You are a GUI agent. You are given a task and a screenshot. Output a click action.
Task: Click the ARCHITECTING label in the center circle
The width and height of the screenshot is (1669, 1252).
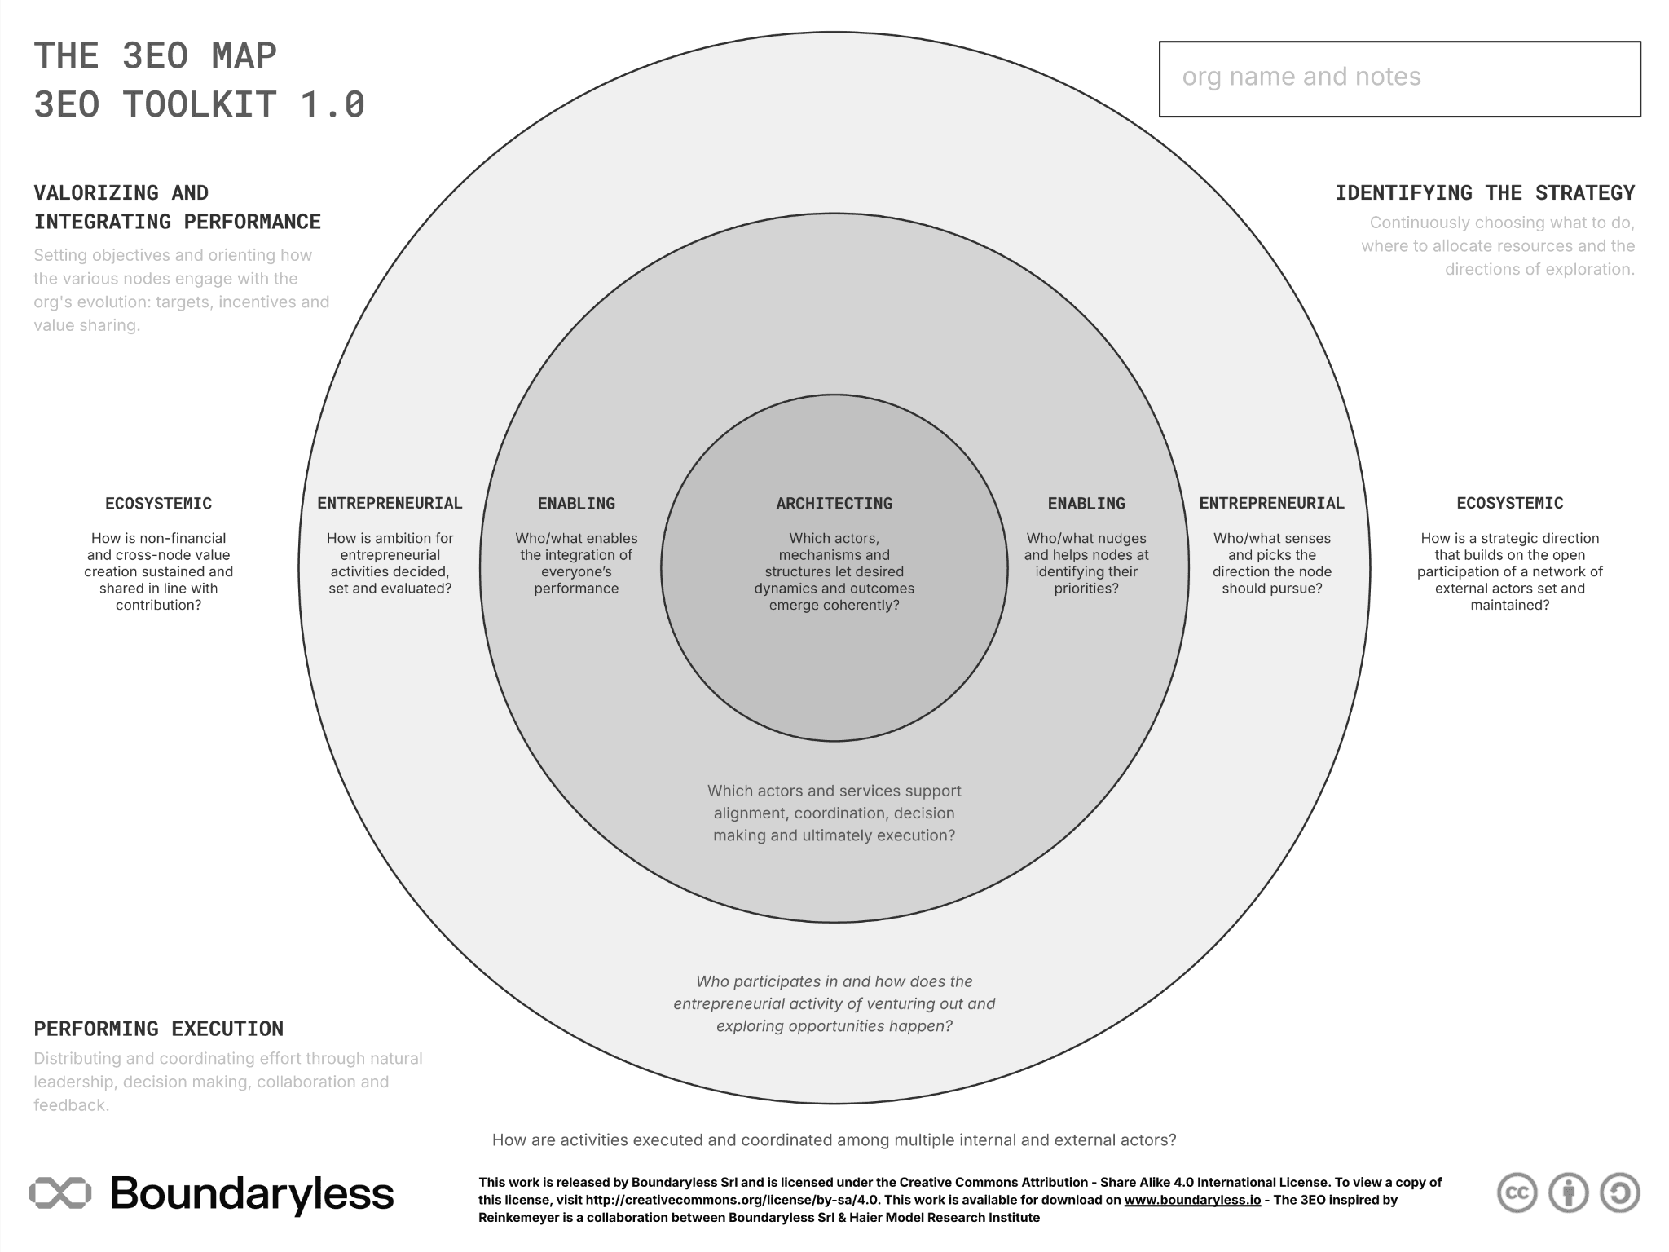click(x=834, y=504)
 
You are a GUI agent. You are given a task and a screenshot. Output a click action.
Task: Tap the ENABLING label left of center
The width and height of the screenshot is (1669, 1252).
click(x=576, y=504)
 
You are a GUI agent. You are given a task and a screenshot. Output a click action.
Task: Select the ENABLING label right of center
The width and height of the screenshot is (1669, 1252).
click(x=1086, y=504)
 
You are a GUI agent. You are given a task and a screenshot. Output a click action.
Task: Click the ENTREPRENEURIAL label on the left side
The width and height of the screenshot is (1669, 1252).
click(x=390, y=504)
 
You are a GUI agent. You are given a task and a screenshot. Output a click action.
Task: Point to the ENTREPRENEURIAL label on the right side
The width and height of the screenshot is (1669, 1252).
click(x=1271, y=504)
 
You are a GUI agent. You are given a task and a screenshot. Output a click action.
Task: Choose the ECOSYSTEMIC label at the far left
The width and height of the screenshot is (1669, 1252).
click(x=158, y=504)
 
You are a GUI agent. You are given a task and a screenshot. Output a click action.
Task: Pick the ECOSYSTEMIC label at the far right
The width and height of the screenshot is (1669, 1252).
click(x=1509, y=504)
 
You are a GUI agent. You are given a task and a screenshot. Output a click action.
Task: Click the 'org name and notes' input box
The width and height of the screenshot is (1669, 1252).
click(x=1399, y=79)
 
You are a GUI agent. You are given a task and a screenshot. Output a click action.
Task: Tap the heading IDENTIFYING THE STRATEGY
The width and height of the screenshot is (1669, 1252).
click(x=1485, y=193)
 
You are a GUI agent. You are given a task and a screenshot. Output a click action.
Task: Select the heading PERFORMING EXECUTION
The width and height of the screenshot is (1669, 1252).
click(x=159, y=1029)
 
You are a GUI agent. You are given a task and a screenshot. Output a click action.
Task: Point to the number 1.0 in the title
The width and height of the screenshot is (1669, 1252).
click(x=332, y=104)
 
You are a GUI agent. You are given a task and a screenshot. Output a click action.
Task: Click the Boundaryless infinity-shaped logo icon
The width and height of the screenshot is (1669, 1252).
click(x=60, y=1193)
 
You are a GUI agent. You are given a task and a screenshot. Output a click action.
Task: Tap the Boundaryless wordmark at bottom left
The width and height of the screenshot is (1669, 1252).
click(x=252, y=1194)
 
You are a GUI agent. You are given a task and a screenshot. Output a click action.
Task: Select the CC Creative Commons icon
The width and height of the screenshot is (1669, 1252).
click(x=1517, y=1193)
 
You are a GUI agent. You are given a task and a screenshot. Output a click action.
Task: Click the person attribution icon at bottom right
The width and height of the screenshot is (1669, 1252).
click(x=1568, y=1193)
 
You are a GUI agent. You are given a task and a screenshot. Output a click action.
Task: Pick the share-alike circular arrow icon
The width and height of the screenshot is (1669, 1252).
click(x=1619, y=1193)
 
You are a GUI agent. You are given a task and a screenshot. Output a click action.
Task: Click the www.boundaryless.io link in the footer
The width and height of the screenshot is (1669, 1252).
click(x=1192, y=1200)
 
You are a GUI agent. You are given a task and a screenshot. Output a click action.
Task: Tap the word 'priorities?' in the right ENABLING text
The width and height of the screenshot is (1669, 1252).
click(x=1086, y=589)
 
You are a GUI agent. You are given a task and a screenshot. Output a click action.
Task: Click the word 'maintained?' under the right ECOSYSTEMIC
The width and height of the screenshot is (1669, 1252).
click(x=1509, y=605)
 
